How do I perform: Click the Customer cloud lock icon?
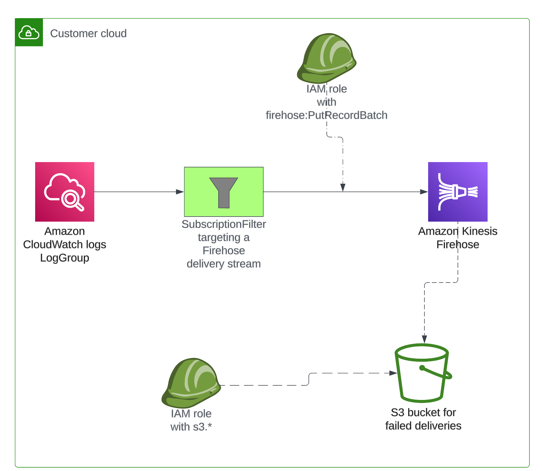[x=29, y=32]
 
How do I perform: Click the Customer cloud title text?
[x=88, y=33]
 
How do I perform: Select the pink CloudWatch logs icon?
[x=65, y=192]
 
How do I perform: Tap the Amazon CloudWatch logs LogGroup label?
[x=65, y=244]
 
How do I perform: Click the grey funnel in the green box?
[x=224, y=192]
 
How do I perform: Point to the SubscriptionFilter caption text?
[x=224, y=244]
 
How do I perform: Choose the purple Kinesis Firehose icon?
[x=458, y=192]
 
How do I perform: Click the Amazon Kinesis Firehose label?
[x=458, y=238]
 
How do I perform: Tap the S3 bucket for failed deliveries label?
[x=423, y=419]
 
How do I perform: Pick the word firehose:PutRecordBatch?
[x=326, y=115]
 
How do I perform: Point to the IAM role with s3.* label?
[x=191, y=420]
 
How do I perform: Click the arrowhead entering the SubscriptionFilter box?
[x=180, y=192]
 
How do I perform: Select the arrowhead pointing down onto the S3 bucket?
[x=424, y=339]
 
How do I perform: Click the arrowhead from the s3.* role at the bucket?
[x=393, y=373]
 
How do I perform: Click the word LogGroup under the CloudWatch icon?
[x=65, y=258]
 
